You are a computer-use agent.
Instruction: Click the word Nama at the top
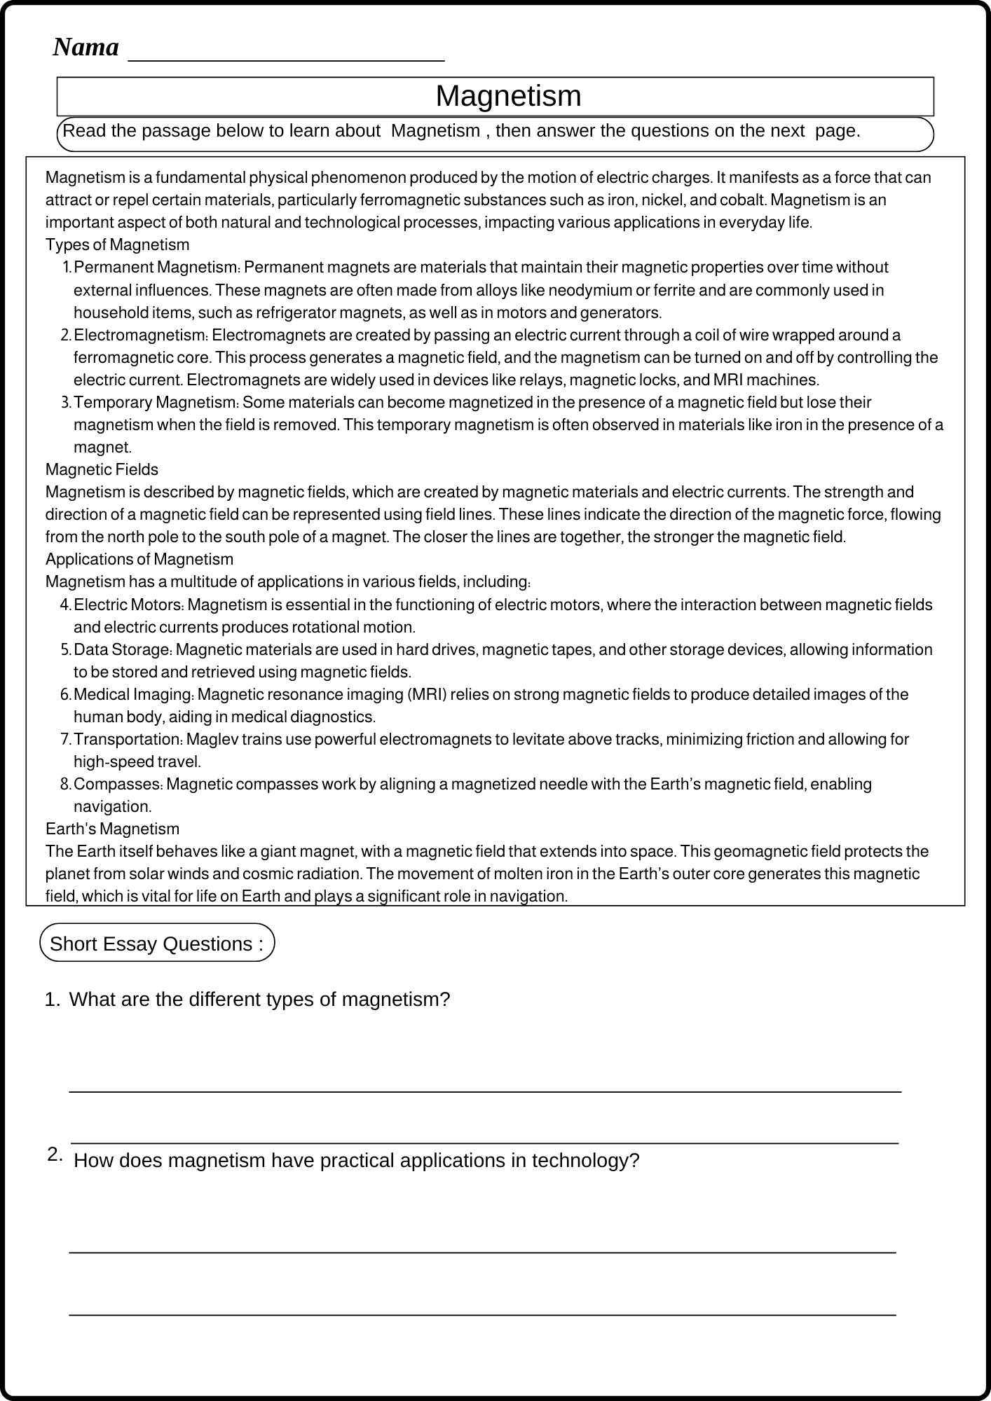[x=86, y=48]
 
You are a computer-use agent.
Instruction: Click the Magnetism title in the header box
[x=508, y=96]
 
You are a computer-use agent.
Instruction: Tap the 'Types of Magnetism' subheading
[x=117, y=244]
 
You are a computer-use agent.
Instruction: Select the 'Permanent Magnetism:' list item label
[x=157, y=268]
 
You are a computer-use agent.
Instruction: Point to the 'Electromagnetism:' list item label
[x=141, y=335]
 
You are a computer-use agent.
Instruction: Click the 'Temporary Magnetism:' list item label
[x=156, y=402]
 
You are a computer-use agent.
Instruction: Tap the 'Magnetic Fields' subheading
[x=102, y=469]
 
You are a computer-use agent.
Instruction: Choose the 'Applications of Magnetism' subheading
[x=139, y=559]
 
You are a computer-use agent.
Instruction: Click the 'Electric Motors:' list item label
[x=128, y=605]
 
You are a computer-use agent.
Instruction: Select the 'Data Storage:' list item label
[x=123, y=649]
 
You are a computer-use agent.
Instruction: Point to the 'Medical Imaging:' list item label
[x=134, y=694]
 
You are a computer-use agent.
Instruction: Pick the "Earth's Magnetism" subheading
[x=112, y=829]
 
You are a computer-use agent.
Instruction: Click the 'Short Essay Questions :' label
[x=157, y=944]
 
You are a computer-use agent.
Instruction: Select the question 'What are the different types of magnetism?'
[x=259, y=999]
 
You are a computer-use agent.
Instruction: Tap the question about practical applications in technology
[x=356, y=1160]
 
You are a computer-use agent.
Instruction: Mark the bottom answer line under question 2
[x=482, y=1314]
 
